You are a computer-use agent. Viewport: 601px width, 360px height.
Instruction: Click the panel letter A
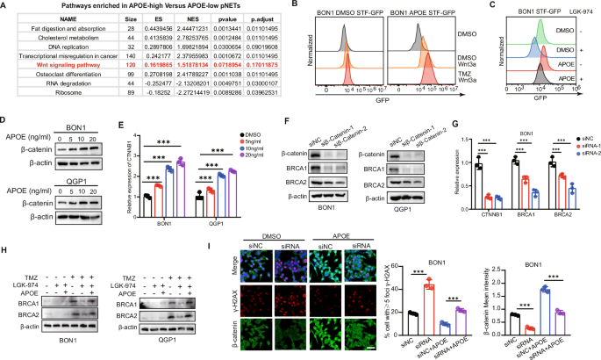tap(6, 7)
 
